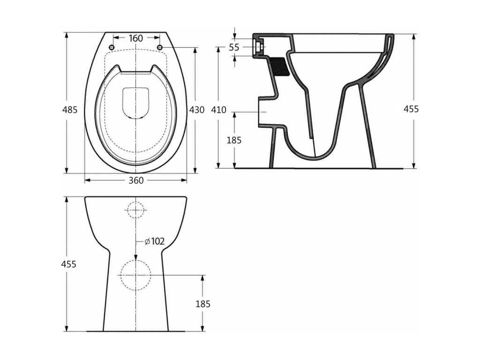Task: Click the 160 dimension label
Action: coord(136,38)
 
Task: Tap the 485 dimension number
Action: coord(70,109)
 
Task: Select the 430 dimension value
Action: coord(196,109)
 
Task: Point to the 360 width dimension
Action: coord(136,180)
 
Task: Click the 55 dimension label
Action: coord(234,47)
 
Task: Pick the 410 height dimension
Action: coord(218,110)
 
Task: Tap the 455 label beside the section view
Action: coord(411,109)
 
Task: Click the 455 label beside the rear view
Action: coord(68,264)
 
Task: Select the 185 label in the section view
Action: coord(234,140)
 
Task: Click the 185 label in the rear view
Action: coord(203,304)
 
